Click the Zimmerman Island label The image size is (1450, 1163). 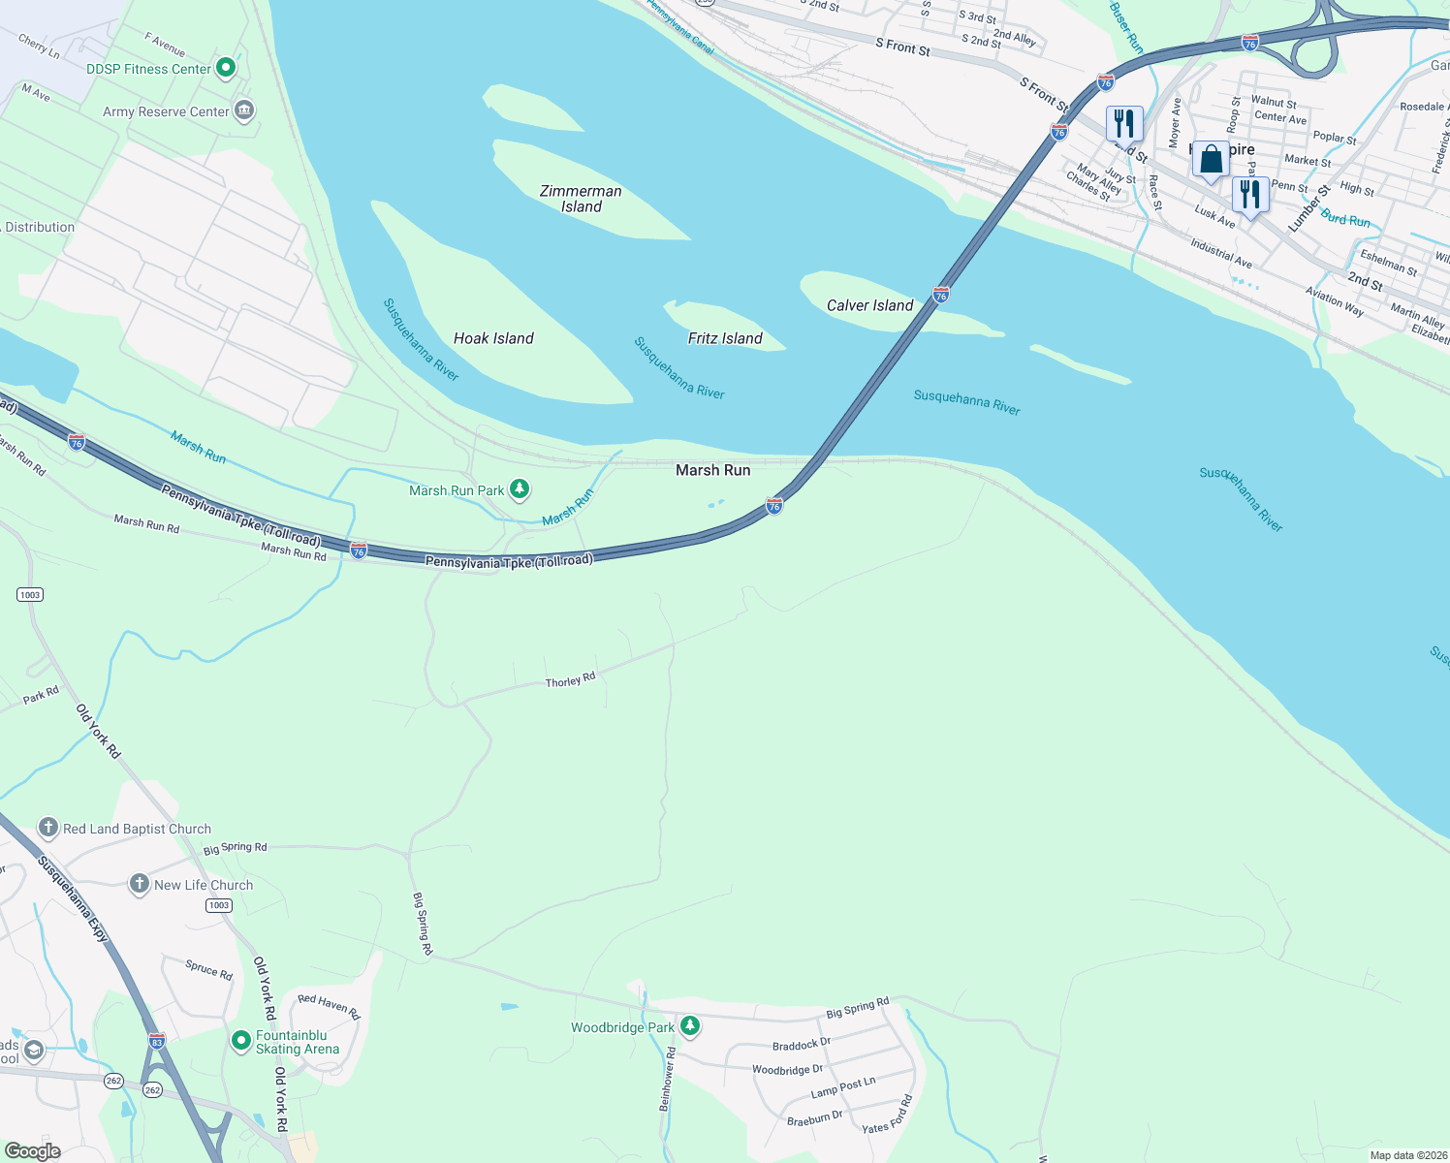581,199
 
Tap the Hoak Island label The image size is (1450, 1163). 493,338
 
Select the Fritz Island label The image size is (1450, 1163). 725,338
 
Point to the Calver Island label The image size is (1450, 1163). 869,305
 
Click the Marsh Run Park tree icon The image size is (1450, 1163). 520,488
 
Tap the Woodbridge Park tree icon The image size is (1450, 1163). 689,1025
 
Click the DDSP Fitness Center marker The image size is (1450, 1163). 226,68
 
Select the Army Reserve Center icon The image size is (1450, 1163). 244,110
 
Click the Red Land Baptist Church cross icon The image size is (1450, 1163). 48,828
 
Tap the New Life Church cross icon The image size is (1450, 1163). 140,884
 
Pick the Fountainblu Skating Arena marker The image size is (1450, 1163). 240,1041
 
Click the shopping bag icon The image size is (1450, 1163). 1211,159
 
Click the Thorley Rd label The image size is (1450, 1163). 570,681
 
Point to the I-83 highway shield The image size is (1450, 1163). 157,1041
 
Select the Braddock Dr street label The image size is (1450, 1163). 802,1045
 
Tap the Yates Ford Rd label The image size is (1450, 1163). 888,1115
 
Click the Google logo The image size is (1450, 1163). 32,1151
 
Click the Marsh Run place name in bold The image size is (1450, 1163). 712,470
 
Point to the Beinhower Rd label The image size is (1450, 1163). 667,1078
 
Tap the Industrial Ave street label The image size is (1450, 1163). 1221,254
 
